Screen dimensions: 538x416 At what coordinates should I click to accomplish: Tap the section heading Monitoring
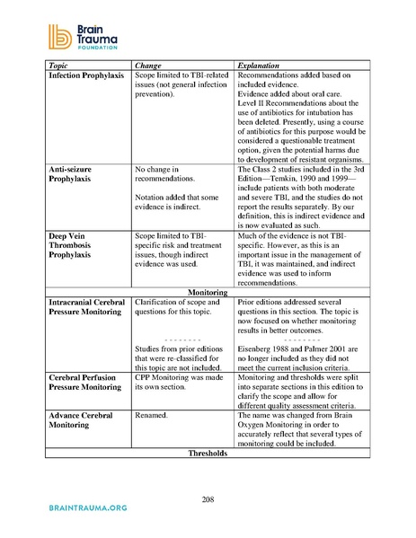click(208, 292)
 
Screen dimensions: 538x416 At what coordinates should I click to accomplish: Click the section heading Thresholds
click(208, 454)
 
